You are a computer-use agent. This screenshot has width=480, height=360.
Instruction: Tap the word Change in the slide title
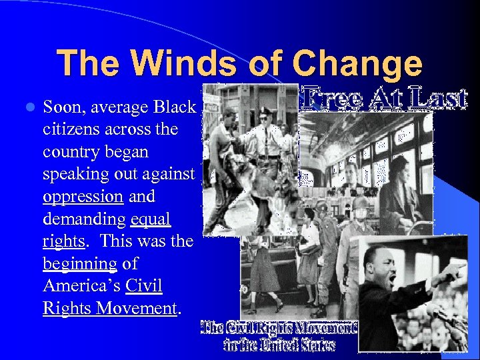[357, 65]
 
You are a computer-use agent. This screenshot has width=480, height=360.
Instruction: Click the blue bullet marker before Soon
[27, 107]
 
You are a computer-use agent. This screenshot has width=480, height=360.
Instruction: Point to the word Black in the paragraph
[174, 107]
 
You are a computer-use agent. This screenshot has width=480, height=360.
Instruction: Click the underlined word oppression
[83, 197]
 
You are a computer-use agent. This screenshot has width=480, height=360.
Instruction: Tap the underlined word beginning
[79, 264]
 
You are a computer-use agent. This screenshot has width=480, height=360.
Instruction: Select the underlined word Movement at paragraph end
[137, 309]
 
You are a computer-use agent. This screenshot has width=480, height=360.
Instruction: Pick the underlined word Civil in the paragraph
[144, 287]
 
